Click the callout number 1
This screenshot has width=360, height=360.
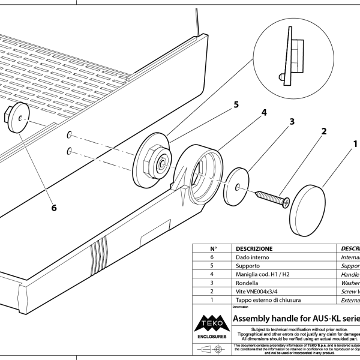355,144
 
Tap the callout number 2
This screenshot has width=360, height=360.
323,131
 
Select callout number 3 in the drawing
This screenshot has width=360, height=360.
292,121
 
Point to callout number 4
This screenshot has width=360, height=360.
263,112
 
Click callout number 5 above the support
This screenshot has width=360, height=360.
236,104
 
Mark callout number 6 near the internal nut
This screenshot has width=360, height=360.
54,208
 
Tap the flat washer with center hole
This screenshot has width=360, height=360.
238,187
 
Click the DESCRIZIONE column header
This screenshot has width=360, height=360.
254,248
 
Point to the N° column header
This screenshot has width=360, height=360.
212,248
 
